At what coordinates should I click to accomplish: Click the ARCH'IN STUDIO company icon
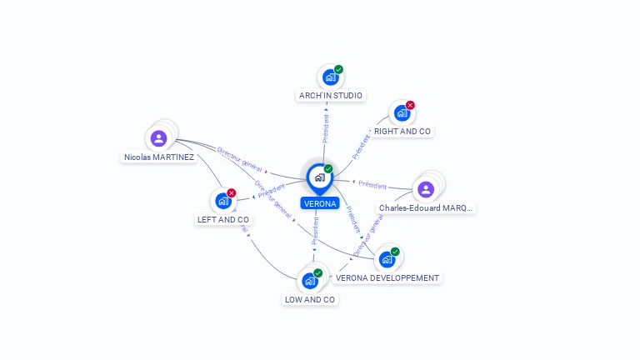tap(330, 77)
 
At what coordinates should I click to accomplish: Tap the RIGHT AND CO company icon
tap(402, 113)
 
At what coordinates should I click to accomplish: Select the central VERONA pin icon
tap(319, 177)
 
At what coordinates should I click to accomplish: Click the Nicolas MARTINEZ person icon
tap(159, 138)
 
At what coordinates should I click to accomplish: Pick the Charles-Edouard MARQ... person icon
tap(426, 189)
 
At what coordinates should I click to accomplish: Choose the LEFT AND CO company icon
tap(222, 201)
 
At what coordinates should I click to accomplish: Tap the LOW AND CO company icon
tap(310, 281)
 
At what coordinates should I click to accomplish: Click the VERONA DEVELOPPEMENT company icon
tap(387, 259)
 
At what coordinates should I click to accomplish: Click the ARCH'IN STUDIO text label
tap(331, 96)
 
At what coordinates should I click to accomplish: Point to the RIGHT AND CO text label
tap(402, 132)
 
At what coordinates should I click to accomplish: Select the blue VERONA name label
tap(320, 203)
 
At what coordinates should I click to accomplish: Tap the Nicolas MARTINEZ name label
tap(159, 157)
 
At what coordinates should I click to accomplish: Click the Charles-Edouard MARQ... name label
tap(426, 208)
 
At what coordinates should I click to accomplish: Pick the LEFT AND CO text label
tap(223, 220)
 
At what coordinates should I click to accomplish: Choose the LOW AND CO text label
tap(310, 299)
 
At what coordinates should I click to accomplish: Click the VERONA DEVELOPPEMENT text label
tap(387, 277)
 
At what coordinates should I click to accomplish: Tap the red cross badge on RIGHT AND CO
tap(410, 106)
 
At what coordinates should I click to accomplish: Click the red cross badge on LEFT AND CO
tap(231, 193)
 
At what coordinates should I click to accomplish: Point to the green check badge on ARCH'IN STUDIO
tap(338, 70)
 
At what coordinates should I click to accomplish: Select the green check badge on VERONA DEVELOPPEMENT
tap(395, 252)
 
